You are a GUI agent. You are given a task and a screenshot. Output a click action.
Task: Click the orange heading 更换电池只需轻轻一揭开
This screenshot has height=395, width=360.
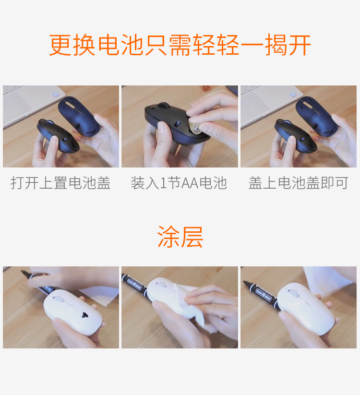point(180,45)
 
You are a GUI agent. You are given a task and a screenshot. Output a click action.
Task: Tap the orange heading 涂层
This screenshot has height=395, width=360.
point(180,237)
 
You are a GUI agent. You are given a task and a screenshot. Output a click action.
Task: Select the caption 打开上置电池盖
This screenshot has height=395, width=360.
point(60,183)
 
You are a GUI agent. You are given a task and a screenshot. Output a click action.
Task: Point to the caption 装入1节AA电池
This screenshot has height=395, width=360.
point(179,183)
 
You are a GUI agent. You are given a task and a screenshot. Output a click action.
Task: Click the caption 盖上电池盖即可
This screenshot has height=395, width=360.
point(299,183)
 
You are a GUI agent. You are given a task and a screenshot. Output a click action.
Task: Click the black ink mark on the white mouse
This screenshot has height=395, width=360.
point(84,315)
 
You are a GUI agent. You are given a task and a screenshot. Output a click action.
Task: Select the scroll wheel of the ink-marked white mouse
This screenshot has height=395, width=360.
point(59,299)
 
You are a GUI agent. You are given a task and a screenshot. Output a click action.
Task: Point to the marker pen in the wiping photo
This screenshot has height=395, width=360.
point(135,285)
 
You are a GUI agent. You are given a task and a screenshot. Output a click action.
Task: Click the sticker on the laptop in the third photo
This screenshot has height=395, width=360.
point(293,95)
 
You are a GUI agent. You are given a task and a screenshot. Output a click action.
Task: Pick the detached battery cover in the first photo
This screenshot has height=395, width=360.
point(79,116)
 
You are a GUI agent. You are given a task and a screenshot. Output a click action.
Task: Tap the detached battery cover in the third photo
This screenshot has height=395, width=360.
point(316,116)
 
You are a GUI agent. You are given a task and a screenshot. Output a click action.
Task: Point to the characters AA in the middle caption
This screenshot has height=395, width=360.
point(190,183)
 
